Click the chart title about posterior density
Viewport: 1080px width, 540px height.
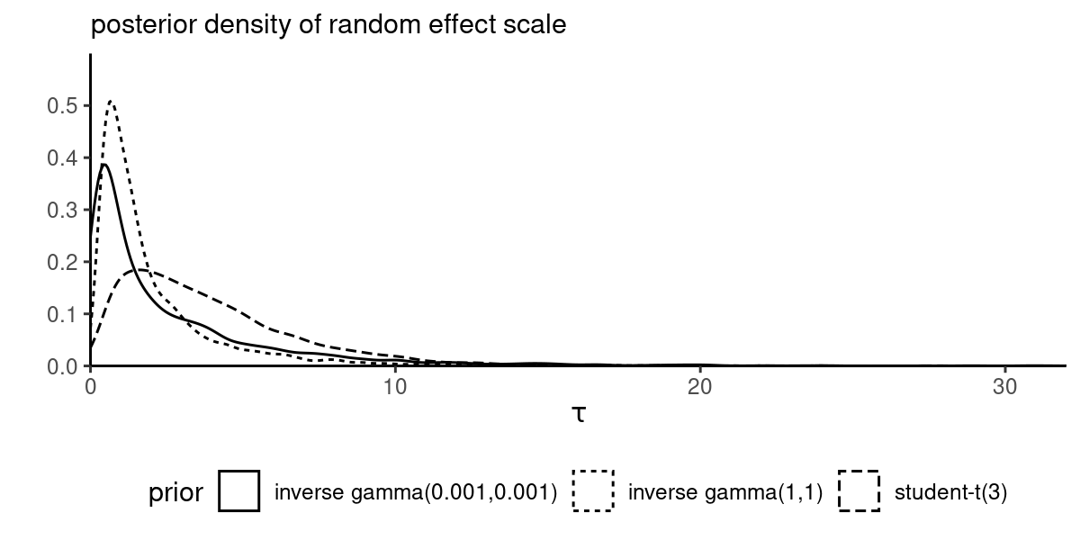coord(328,25)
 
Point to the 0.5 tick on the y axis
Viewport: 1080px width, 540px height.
coord(62,106)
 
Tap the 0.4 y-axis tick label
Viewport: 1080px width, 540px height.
coord(62,158)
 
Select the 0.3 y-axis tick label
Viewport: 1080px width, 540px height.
coord(62,211)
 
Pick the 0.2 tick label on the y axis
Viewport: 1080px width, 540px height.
coord(62,263)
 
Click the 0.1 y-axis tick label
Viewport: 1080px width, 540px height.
coord(62,315)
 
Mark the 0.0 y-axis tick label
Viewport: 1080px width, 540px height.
coord(62,366)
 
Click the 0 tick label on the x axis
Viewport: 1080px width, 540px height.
coord(91,385)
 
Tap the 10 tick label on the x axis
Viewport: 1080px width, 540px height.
coord(395,385)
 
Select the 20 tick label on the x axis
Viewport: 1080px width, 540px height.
coord(699,385)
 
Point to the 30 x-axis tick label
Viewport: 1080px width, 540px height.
coord(1003,385)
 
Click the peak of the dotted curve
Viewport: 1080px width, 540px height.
coord(111,101)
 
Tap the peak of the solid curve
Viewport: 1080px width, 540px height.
coord(104,164)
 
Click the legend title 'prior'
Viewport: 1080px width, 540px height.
coord(175,493)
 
